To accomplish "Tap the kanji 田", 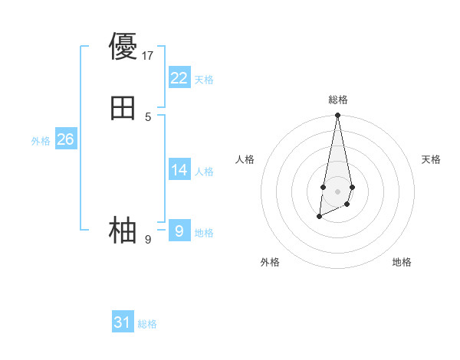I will point(123,109).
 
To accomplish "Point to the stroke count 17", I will point(148,55).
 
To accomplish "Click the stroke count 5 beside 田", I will point(148,117).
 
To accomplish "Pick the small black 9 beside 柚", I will point(148,240).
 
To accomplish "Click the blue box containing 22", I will point(179,78).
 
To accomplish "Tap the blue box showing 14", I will point(179,170).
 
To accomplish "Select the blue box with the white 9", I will point(179,231).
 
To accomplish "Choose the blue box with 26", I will point(66,139).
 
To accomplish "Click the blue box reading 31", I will point(123,322).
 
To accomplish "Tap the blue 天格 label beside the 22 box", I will point(204,80).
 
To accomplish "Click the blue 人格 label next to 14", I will point(204,172).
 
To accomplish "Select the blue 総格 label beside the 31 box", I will point(147,324).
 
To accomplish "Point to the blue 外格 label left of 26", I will point(41,141).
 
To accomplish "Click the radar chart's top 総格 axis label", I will point(337,100).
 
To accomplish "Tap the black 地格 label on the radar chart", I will point(402,263).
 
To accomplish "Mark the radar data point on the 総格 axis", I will point(337,116).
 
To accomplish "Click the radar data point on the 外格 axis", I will point(319,217).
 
